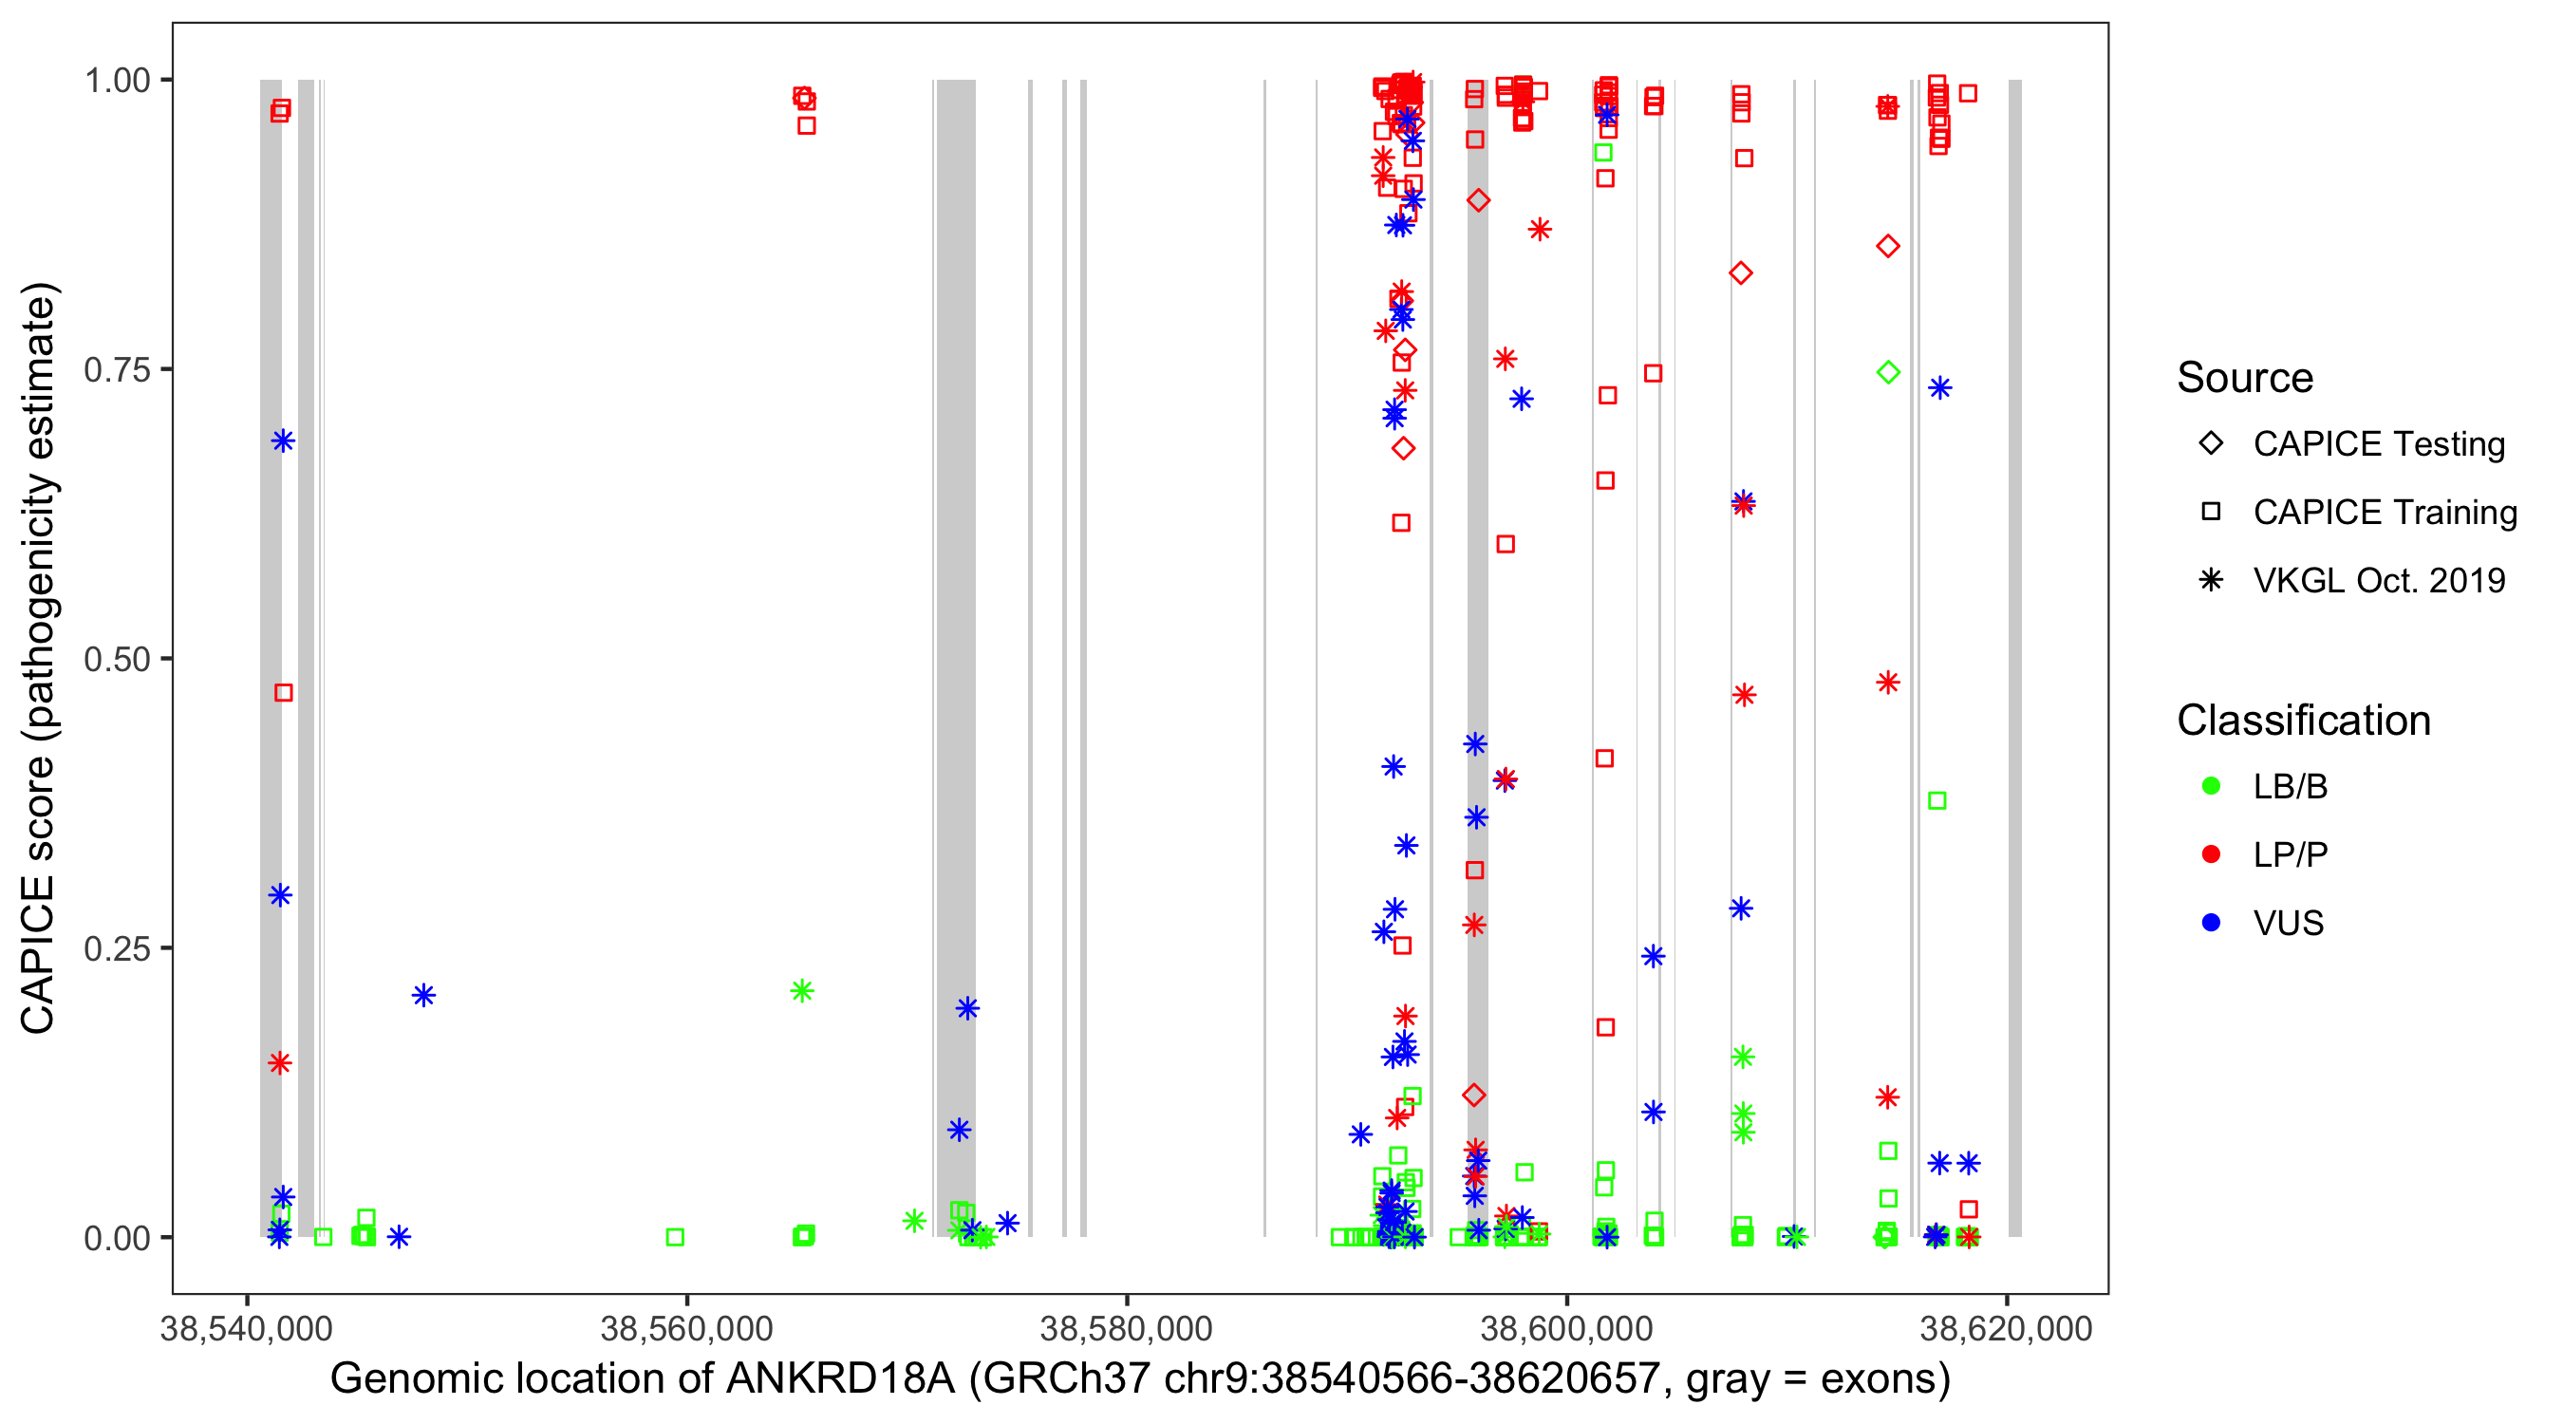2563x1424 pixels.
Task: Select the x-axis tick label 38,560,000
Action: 686,1328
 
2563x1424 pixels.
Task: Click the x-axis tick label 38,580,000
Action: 1126,1328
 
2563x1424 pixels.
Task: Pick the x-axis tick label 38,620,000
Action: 2006,1328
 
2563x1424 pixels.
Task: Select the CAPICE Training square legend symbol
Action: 2211,513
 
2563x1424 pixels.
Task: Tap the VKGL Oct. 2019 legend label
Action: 2379,581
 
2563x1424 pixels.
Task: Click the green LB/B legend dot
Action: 2211,786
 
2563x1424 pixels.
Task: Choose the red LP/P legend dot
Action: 2211,854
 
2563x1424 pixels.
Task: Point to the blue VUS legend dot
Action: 2211,924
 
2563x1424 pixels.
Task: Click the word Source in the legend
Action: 2245,378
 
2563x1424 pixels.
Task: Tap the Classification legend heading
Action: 2303,721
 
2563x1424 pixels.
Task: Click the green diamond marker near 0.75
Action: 1888,372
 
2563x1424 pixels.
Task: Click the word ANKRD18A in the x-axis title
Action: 842,1379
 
